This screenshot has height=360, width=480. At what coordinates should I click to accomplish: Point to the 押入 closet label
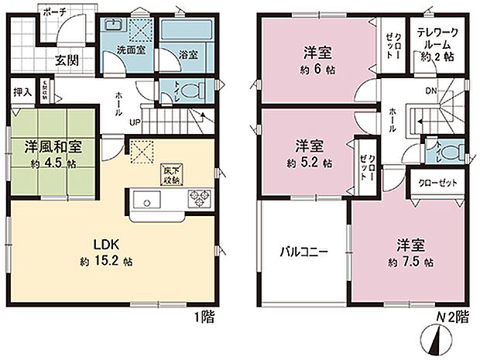click(22, 92)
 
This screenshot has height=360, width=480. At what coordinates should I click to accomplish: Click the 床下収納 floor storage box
click(171, 171)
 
